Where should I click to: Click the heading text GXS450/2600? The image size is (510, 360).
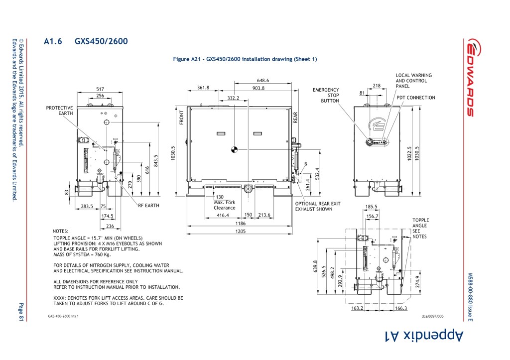tap(101, 42)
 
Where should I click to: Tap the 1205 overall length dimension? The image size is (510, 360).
tap(240, 231)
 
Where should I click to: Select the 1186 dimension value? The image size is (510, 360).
tap(240, 224)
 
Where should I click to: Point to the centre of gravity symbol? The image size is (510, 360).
tap(235, 148)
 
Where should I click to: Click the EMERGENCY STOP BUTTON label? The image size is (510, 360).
tap(326, 95)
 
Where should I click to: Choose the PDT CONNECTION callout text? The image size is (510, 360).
tap(416, 98)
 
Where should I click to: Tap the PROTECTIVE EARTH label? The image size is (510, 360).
tap(60, 111)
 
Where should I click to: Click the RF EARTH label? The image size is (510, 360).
tap(149, 205)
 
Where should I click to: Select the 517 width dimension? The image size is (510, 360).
tap(100, 89)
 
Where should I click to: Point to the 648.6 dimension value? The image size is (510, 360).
tap(263, 80)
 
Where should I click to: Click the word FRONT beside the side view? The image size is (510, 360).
tap(181, 118)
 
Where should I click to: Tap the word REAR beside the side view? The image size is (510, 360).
tap(295, 118)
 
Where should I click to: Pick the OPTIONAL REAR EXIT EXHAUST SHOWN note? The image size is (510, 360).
tap(318, 206)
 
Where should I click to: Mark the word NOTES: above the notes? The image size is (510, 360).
tap(61, 231)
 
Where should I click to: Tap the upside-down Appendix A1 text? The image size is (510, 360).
tap(424, 336)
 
